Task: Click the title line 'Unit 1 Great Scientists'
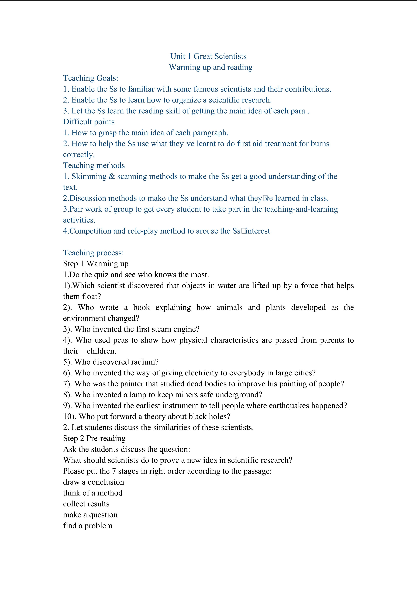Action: pos(208,56)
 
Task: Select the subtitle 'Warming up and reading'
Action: pos(211,67)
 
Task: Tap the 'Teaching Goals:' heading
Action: pos(91,78)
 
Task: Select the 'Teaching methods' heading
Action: pos(94,165)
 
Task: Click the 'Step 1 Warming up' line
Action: pos(96,264)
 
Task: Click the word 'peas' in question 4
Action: pos(120,340)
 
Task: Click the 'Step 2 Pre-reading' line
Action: pos(94,438)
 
